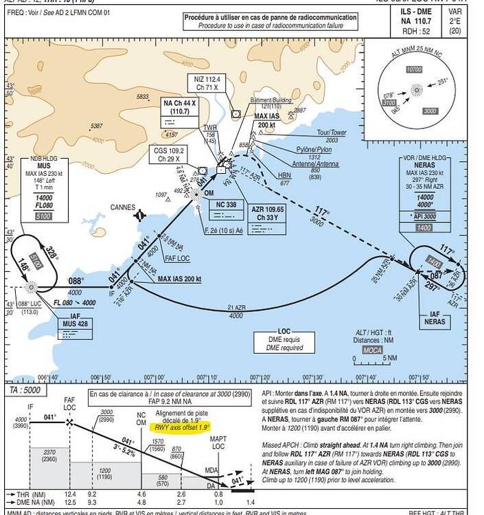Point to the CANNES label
(124, 207)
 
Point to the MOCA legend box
(373, 350)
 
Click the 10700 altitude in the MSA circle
(413, 69)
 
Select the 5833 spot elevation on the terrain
(143, 97)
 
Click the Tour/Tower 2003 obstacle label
(332, 135)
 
